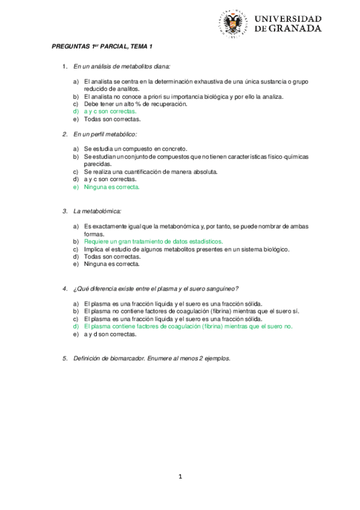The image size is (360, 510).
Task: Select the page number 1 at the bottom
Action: (180, 477)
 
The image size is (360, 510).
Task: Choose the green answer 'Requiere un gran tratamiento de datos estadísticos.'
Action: (153, 241)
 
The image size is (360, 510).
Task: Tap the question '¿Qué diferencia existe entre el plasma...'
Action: (156, 289)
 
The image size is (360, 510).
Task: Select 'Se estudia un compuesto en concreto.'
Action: (136, 149)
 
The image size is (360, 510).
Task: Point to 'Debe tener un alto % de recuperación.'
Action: (136, 103)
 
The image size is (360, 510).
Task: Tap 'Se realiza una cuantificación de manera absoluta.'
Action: (151, 171)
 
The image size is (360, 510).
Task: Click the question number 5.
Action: (65, 358)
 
